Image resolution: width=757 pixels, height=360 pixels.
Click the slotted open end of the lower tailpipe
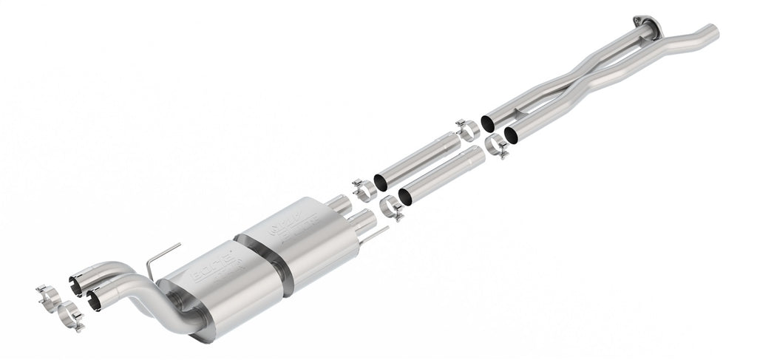(94, 298)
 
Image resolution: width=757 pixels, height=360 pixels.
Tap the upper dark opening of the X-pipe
(488, 122)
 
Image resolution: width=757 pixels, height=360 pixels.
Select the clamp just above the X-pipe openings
(466, 129)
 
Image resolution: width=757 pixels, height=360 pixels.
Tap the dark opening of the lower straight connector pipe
(404, 197)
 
